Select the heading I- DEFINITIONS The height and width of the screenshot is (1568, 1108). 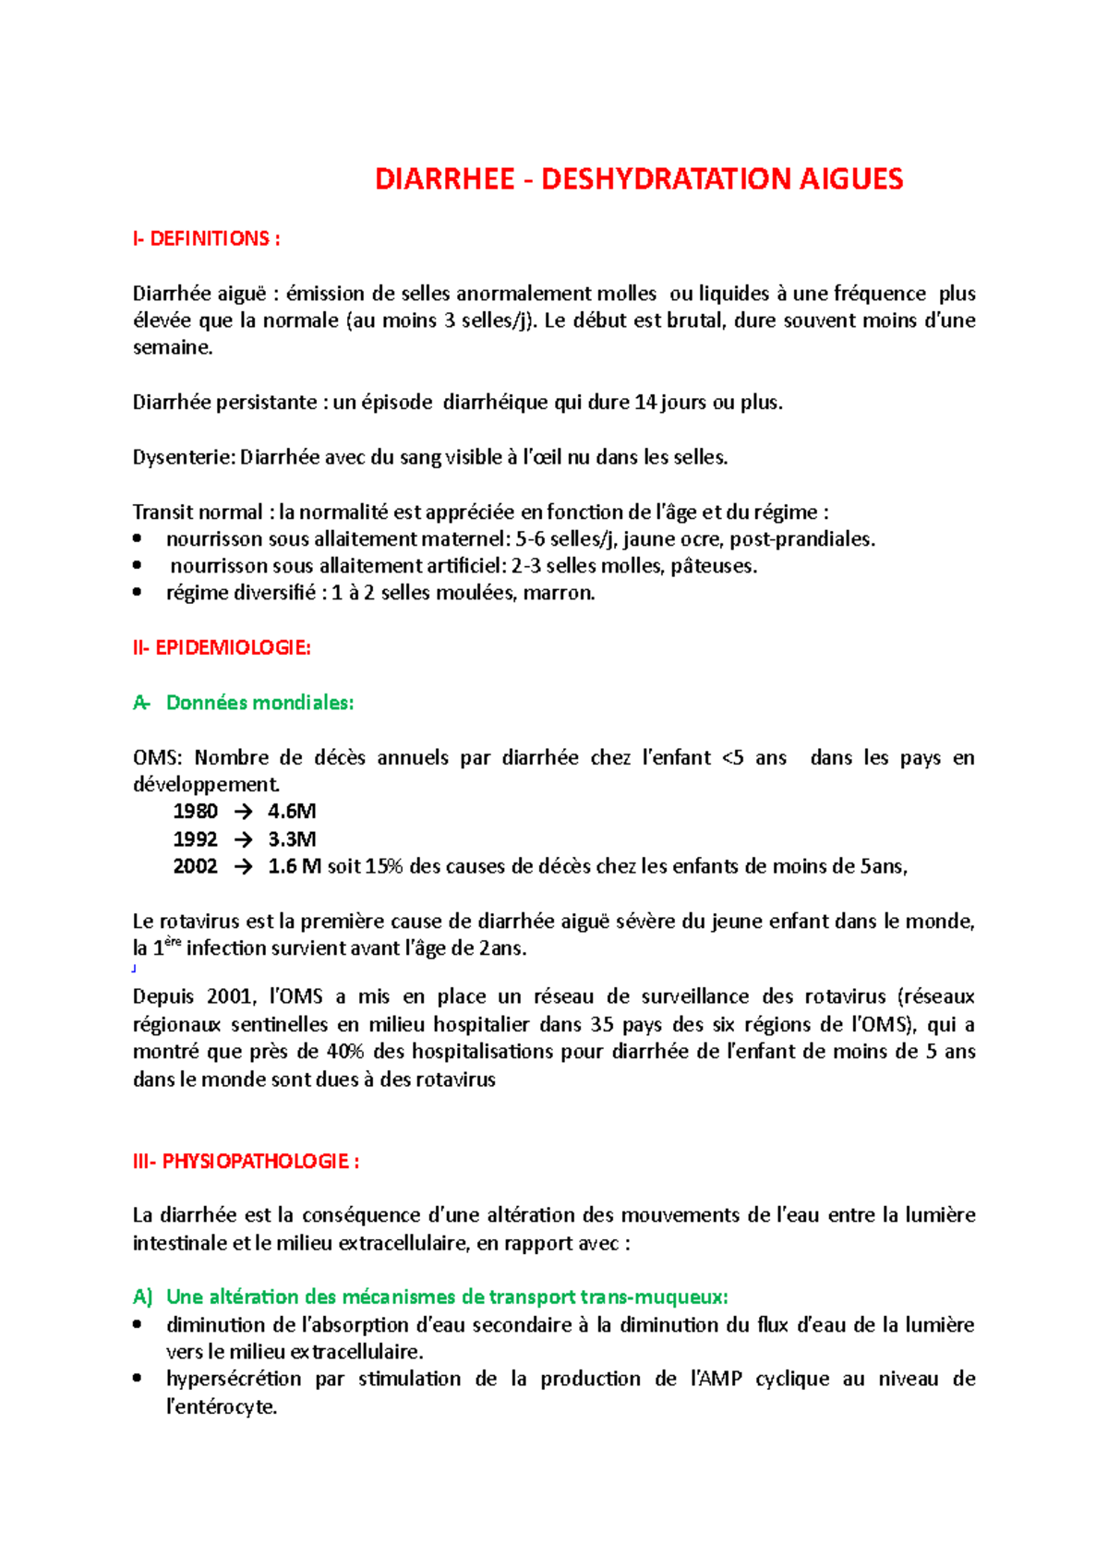206,239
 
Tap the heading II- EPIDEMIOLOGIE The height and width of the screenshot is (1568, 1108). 222,648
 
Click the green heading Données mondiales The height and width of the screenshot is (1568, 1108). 259,703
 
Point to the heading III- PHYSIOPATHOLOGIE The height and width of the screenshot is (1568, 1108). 246,1162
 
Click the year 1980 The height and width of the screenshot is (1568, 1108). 195,812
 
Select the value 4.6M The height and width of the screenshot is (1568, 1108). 292,812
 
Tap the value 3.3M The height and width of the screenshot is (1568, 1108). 292,839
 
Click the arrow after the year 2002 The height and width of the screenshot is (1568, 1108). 243,867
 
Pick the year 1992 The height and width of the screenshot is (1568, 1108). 195,839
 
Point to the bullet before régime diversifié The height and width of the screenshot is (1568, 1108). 138,593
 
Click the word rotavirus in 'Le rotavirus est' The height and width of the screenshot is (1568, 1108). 198,922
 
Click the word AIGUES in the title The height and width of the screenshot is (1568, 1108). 850,179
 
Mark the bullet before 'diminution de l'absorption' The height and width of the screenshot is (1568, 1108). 138,1325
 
